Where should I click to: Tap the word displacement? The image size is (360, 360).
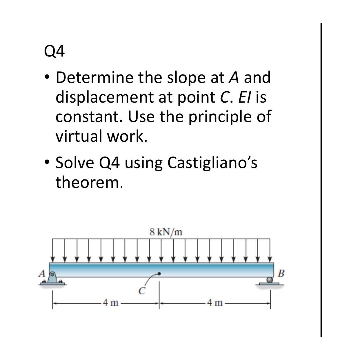(104, 97)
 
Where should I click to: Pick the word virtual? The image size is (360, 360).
(79, 136)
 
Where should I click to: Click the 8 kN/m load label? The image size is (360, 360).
(166, 232)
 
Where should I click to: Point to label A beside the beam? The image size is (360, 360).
(42, 273)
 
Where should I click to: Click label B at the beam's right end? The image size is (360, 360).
(281, 273)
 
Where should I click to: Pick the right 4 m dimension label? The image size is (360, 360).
(215, 303)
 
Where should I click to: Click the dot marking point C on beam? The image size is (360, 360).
(159, 273)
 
